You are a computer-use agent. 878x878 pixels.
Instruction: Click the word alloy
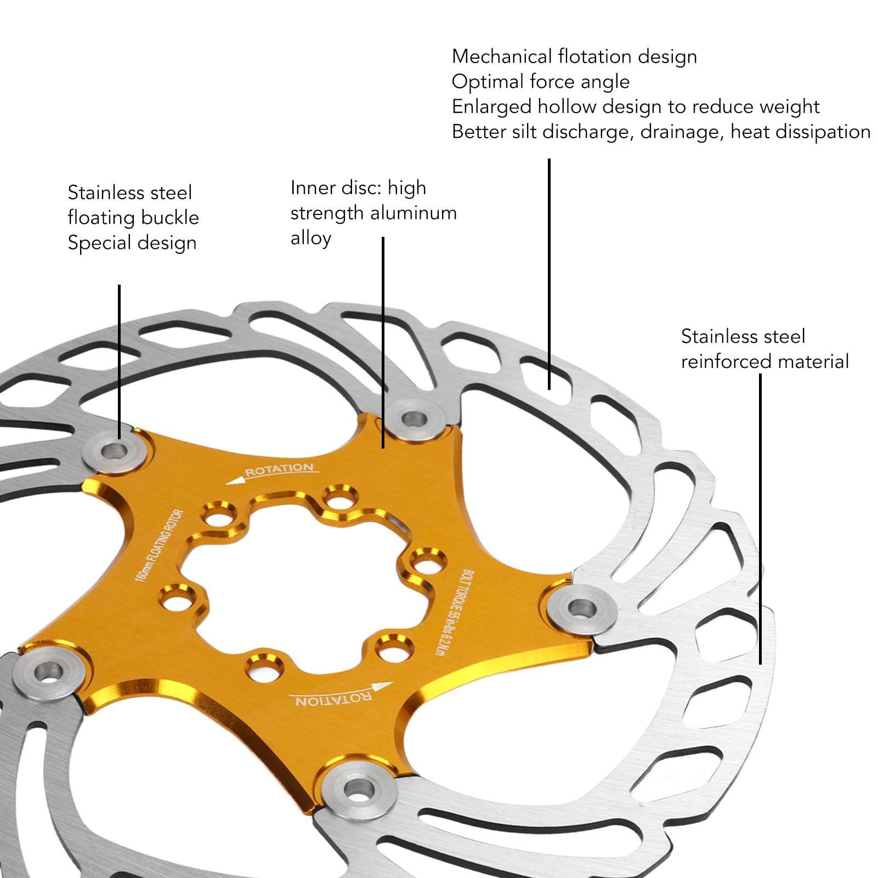pos(310,239)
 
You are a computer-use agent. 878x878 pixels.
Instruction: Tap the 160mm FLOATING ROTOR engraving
pos(159,546)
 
